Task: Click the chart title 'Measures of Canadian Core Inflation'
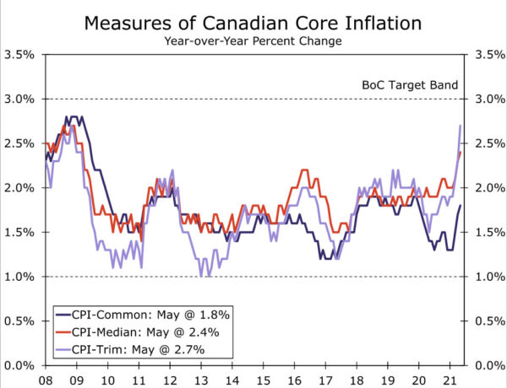253,23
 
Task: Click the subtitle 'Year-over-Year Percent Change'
253,40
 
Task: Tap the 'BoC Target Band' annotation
410,85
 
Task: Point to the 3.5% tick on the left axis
19,55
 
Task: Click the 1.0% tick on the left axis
19,277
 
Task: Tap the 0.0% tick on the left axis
19,365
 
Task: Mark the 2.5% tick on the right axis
488,143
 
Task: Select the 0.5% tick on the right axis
488,321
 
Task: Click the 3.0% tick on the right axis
488,100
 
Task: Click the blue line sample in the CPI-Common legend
66,314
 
